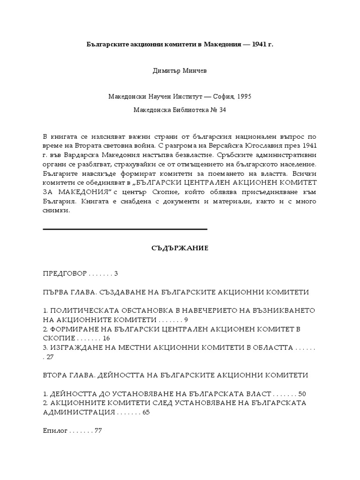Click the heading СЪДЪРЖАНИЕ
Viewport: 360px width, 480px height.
tap(180, 248)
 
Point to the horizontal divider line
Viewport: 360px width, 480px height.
tap(125, 229)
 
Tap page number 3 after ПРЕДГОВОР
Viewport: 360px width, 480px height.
tap(116, 273)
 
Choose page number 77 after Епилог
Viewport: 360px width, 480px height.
tap(98, 430)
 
